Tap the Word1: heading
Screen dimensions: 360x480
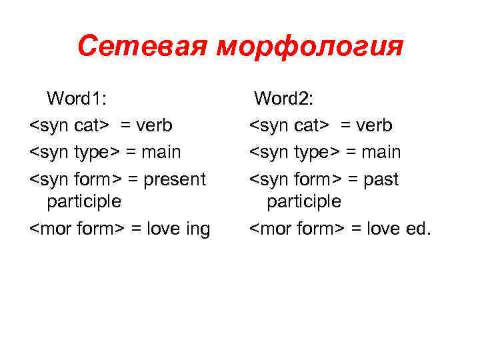click(x=77, y=99)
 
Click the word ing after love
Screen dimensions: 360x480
click(x=197, y=229)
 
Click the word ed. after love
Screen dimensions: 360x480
click(x=418, y=229)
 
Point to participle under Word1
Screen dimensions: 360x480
click(x=84, y=201)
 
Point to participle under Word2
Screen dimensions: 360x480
click(x=304, y=201)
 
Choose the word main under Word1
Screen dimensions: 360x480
click(x=162, y=153)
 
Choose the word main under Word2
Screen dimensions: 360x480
click(x=382, y=153)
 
